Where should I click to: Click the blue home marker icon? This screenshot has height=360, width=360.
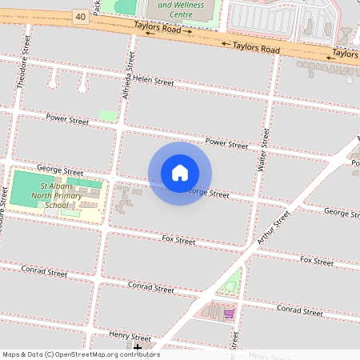pyautogui.click(x=180, y=173)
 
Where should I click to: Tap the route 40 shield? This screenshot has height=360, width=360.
pyautogui.click(x=80, y=16)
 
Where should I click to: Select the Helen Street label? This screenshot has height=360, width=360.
pyautogui.click(x=154, y=82)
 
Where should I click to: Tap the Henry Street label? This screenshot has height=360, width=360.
pyautogui.click(x=130, y=338)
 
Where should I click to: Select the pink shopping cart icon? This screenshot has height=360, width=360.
pyautogui.click(x=229, y=313)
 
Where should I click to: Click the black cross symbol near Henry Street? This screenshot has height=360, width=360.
pyautogui.click(x=138, y=346)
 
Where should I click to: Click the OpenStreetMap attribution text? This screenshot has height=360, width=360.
pyautogui.click(x=80, y=354)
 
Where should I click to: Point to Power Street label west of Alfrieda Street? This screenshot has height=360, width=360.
pyautogui.click(x=67, y=120)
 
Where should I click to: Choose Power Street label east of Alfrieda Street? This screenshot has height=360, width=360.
pyautogui.click(x=226, y=144)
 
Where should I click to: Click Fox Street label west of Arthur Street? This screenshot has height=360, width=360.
pyautogui.click(x=178, y=239)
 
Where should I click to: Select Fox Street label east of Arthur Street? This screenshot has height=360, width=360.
pyautogui.click(x=317, y=261)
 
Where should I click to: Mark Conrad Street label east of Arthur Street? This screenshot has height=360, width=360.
pyautogui.click(x=299, y=309)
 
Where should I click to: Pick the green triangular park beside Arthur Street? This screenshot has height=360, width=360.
pyautogui.click(x=231, y=282)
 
